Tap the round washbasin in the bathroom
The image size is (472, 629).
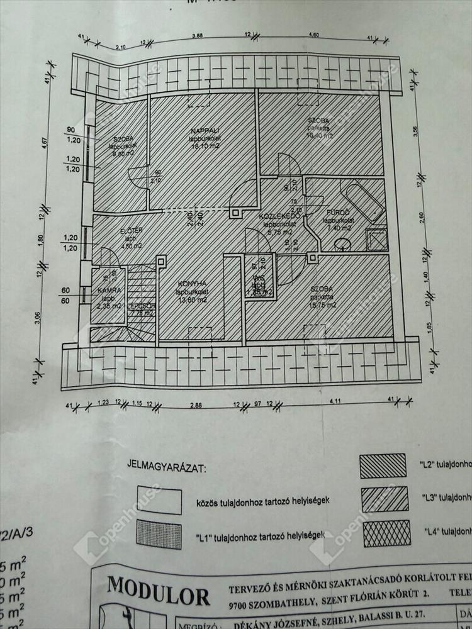point(342,244)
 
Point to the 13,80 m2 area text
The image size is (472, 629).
point(193,300)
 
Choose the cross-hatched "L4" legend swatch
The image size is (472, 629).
point(387,533)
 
